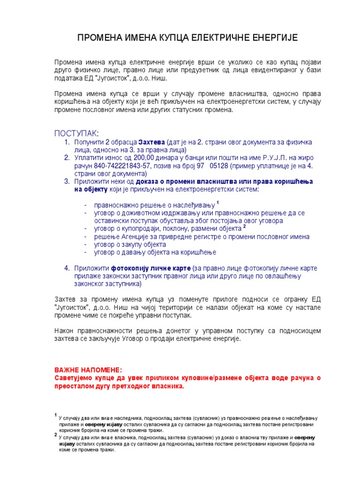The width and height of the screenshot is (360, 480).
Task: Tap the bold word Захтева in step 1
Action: [151, 142]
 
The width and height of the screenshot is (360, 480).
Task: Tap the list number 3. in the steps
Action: [67, 181]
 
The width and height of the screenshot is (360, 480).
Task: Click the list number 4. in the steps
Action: [67, 268]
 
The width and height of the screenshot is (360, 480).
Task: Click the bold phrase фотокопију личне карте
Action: [150, 268]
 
